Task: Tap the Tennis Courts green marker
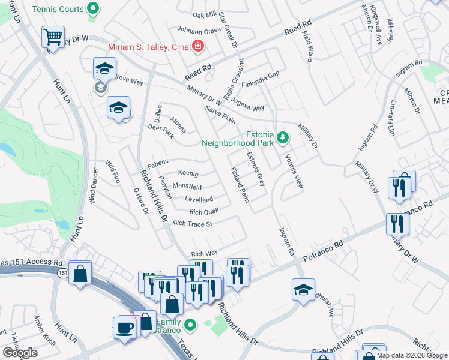(x=92, y=9)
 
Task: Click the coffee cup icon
(x=125, y=328)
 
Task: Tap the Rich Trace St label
(x=193, y=224)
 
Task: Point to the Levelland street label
(x=199, y=199)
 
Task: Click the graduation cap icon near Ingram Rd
(x=303, y=289)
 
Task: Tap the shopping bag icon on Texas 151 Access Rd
(x=80, y=273)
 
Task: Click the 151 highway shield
(x=63, y=273)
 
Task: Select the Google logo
(x=20, y=353)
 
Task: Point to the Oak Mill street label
(x=204, y=15)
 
